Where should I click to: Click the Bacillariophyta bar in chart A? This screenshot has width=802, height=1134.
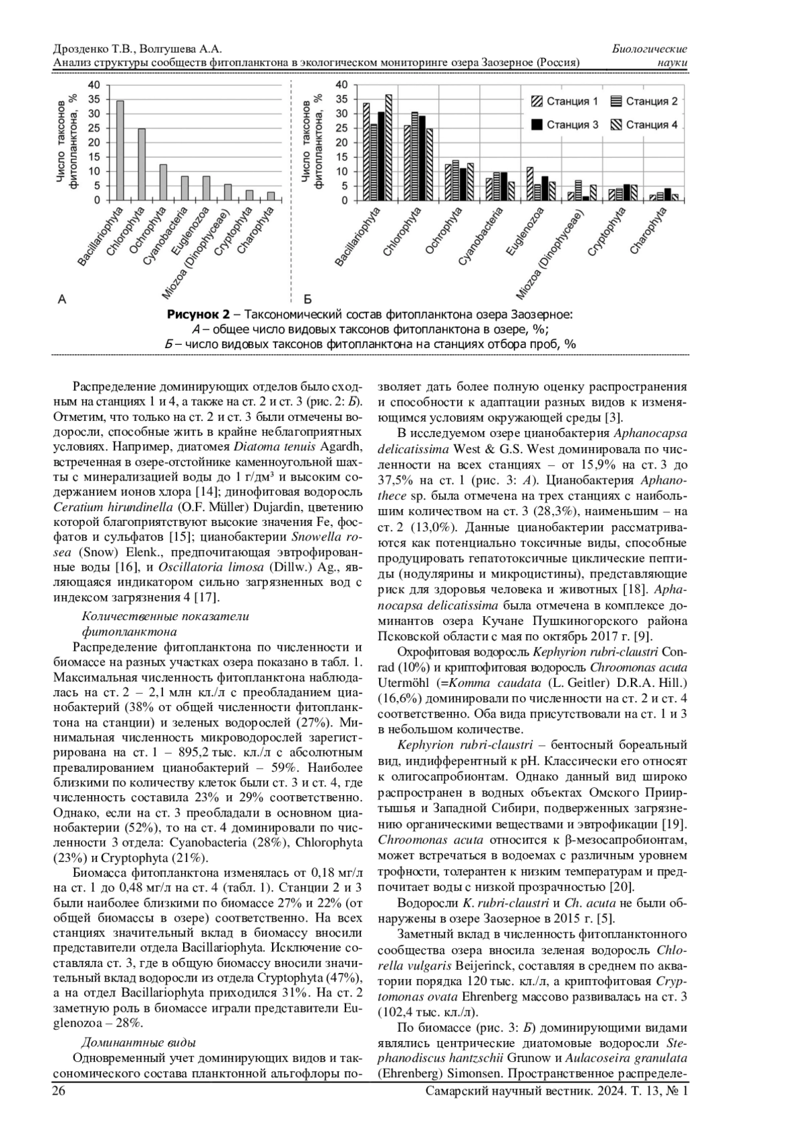[x=120, y=150]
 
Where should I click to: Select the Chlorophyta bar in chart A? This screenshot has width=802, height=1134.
[x=142, y=164]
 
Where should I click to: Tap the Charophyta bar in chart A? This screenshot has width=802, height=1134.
[x=271, y=196]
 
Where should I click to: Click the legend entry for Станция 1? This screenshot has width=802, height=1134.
[x=565, y=102]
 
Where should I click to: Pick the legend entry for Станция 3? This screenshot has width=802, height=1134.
[x=565, y=125]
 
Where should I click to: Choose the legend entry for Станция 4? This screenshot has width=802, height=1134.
[x=644, y=125]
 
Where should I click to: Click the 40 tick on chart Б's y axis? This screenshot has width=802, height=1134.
[x=342, y=85]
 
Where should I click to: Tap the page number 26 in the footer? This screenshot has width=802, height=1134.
[x=59, y=1091]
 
